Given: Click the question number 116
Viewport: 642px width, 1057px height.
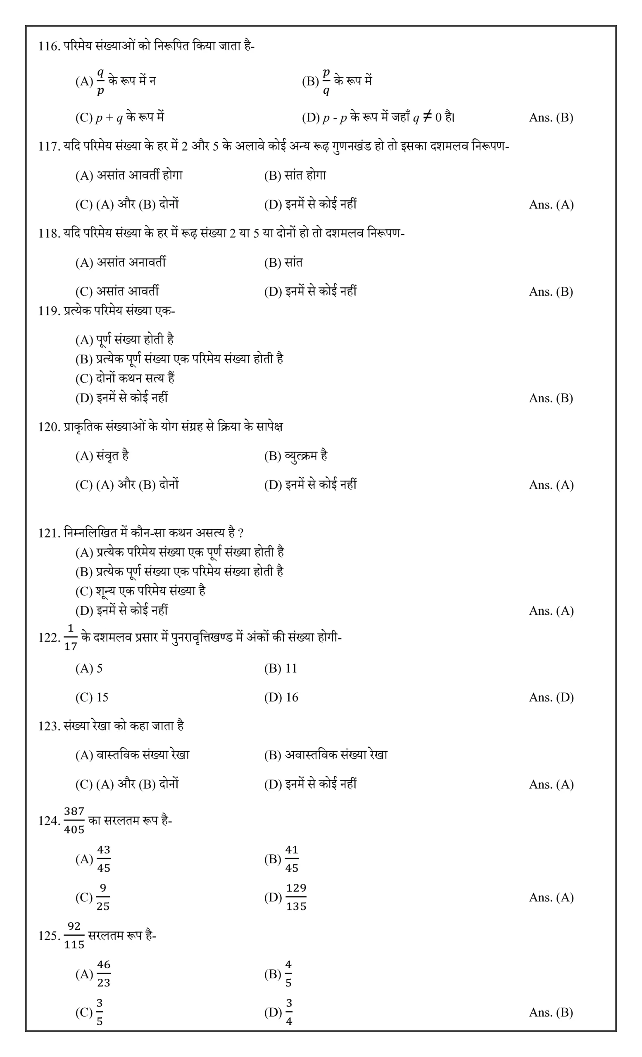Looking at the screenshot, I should point(48,46).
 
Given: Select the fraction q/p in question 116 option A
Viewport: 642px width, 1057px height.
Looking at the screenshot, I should point(100,81).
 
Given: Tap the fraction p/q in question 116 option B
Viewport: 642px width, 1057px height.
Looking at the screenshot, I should point(326,81).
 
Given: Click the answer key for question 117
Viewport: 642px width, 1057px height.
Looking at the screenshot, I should point(551,205).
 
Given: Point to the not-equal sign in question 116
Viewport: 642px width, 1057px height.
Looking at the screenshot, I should point(427,117).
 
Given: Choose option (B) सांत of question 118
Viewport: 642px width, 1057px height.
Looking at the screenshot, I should point(283,262).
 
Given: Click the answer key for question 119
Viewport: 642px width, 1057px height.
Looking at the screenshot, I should point(551,398).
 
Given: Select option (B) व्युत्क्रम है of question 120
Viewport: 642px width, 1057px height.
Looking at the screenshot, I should point(296,455).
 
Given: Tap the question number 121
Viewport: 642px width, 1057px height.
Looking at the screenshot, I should point(48,533).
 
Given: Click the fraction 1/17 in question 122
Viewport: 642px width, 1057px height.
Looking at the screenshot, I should point(70,638).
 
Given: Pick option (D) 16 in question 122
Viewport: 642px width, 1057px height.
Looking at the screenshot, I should point(281,697).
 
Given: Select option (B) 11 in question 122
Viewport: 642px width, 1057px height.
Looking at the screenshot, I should point(281,668).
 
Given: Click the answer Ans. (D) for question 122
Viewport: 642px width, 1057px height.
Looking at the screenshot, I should point(551,697).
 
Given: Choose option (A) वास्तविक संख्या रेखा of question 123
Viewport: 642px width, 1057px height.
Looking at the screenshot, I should point(132,755).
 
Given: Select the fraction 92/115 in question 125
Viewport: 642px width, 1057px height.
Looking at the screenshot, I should point(74,936).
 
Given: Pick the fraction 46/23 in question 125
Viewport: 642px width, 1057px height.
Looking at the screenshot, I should point(103,974).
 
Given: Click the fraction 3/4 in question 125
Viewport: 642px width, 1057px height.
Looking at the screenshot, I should point(289,1012).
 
